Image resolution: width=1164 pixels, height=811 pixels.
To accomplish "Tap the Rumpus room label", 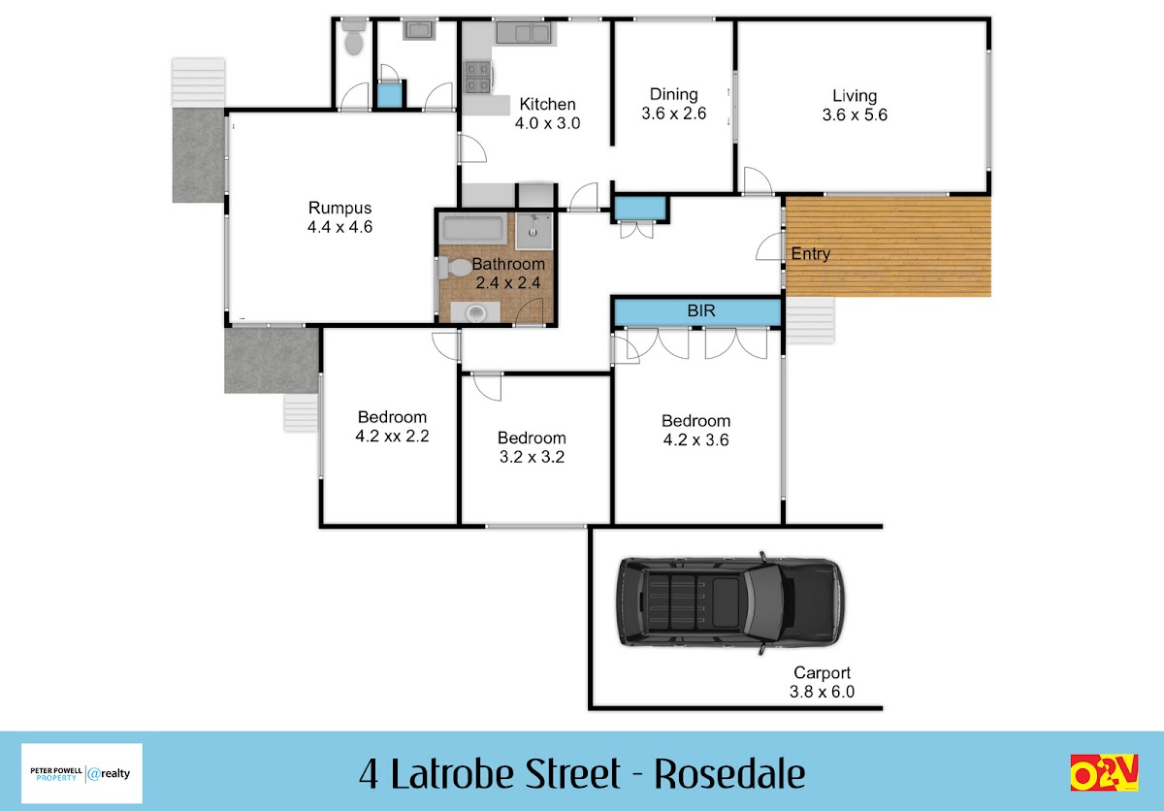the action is coord(339,208).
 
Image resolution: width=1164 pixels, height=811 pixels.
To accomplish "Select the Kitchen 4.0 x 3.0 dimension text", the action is coord(548,123).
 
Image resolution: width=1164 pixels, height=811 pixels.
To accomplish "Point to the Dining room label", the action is coord(674,94).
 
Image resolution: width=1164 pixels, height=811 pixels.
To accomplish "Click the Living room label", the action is coord(855,96).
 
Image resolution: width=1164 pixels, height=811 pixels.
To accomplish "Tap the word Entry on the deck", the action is coord(811,254).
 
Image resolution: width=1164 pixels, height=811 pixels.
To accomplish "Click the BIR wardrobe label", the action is coord(701,310).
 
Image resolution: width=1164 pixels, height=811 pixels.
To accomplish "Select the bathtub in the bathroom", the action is coord(473,229).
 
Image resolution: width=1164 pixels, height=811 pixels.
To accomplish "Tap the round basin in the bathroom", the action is coord(476,313).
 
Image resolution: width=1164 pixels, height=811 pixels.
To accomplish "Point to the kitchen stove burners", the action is coord(477,77).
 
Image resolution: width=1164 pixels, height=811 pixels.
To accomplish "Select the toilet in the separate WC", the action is coord(354,36).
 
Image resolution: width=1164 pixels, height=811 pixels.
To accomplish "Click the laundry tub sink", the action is coord(419,30).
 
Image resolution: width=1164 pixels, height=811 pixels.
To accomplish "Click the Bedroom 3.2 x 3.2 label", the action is coord(532,447).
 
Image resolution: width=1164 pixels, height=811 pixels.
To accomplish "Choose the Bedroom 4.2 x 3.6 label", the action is coord(695,430).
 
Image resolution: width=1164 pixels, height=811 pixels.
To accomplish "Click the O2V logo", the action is coord(1104,772).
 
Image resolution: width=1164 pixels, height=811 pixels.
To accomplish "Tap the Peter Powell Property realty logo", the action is coord(81,773).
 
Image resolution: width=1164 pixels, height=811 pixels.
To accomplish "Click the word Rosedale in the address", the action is coord(729,774).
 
